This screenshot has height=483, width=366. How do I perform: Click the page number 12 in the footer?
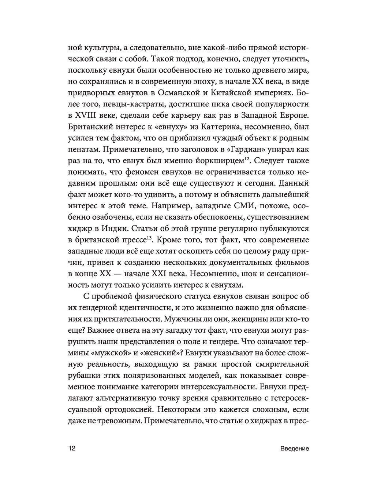point(71,449)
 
